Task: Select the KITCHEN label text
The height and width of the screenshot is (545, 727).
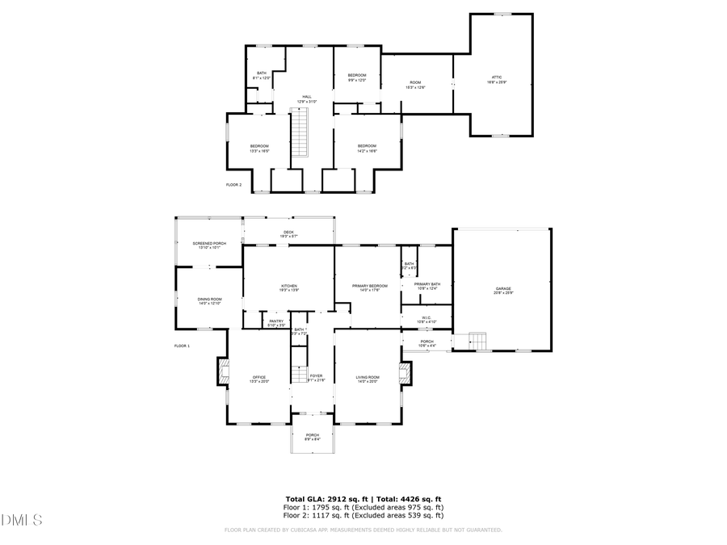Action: click(x=289, y=286)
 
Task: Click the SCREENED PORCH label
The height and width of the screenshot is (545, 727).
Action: click(x=209, y=245)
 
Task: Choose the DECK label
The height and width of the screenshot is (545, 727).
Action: click(x=288, y=233)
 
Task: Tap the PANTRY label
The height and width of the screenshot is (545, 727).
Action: click(x=275, y=322)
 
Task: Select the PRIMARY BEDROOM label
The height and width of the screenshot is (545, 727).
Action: click(x=368, y=287)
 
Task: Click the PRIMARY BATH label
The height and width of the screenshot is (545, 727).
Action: click(x=427, y=284)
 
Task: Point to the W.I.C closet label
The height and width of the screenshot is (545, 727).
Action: click(x=427, y=319)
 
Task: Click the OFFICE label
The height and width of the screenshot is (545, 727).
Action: click(x=259, y=378)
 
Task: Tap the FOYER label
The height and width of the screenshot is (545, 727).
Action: click(x=317, y=377)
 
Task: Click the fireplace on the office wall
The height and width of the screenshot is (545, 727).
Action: click(x=223, y=371)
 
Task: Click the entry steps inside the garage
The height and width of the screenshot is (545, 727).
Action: click(x=479, y=342)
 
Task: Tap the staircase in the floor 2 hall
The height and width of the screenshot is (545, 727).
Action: click(x=300, y=134)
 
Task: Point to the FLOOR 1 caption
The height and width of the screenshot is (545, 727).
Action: click(x=183, y=346)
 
